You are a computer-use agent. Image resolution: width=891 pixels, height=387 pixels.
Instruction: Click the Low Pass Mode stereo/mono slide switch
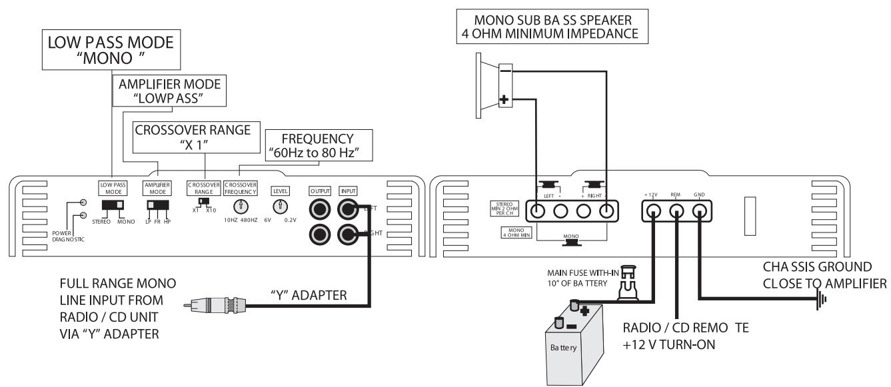click(113, 205)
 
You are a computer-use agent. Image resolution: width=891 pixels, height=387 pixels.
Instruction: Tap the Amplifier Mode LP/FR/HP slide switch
click(158, 205)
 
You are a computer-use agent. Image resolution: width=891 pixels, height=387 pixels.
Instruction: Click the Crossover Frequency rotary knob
click(241, 206)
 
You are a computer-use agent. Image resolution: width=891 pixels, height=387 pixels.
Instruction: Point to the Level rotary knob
click(281, 206)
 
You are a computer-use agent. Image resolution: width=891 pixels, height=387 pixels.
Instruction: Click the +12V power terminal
click(654, 210)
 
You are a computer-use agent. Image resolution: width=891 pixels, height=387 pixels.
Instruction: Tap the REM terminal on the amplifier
click(676, 210)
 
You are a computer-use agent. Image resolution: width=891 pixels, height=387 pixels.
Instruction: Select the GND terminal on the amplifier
click(699, 210)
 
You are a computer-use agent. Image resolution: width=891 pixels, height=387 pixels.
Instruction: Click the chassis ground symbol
click(822, 298)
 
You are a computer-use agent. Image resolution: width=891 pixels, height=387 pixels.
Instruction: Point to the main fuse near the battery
click(628, 283)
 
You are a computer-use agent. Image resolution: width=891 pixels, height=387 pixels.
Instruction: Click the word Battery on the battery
click(563, 348)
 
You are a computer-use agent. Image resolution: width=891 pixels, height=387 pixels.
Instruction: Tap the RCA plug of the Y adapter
click(215, 306)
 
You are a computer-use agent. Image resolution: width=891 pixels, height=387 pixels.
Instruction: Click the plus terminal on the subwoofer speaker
click(504, 99)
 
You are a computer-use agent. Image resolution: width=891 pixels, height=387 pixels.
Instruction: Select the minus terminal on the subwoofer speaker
click(505, 71)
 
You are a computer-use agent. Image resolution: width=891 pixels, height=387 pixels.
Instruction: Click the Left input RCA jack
click(348, 209)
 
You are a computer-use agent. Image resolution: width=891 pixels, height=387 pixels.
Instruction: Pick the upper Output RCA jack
click(320, 209)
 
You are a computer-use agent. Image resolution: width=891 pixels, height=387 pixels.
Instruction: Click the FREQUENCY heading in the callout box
click(317, 139)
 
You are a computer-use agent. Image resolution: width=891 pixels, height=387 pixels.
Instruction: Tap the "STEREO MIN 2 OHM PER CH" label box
click(504, 208)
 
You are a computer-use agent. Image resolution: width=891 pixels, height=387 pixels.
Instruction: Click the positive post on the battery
click(574, 305)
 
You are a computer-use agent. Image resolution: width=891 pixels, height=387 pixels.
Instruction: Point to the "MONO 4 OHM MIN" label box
click(516, 232)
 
